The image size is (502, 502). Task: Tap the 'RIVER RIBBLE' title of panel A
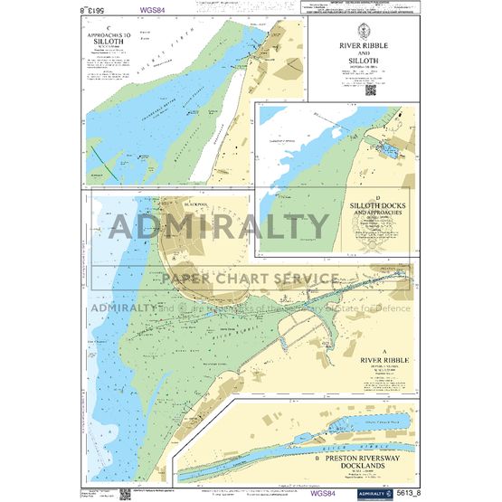coord(384,359)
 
